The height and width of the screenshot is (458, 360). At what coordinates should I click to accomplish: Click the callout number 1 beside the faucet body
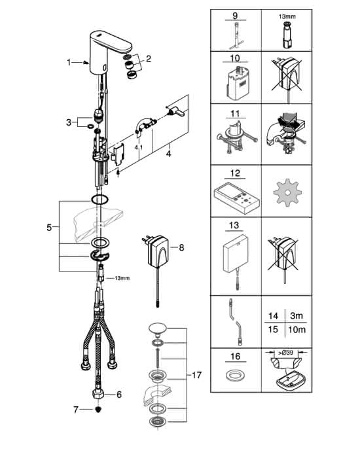click(x=69, y=62)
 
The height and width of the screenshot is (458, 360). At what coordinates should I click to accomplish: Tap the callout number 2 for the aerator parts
click(x=149, y=59)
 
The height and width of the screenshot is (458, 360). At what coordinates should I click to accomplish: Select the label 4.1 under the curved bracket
click(x=139, y=148)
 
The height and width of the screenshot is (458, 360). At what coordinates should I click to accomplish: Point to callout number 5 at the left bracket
click(x=49, y=227)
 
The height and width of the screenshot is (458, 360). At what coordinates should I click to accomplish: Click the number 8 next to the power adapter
click(x=181, y=248)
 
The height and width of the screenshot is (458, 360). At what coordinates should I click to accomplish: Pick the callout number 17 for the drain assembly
click(x=196, y=375)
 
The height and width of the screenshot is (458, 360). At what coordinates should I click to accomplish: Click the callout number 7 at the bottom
click(x=76, y=410)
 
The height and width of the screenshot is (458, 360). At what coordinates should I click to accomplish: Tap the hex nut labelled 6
click(x=98, y=394)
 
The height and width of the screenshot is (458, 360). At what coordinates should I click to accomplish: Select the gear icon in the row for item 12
click(x=287, y=192)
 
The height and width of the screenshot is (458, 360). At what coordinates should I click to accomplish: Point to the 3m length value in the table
click(x=297, y=316)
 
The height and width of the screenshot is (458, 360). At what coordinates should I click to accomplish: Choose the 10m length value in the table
click(x=297, y=330)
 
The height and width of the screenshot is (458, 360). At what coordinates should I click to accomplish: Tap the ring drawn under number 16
click(x=235, y=376)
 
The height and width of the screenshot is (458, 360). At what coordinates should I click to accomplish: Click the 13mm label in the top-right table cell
click(x=287, y=16)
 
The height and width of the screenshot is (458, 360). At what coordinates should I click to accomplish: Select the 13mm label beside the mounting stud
click(x=122, y=278)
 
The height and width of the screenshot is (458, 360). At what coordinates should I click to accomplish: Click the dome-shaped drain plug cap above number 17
click(x=158, y=328)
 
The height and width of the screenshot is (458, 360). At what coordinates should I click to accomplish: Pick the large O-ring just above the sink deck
click(x=99, y=200)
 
